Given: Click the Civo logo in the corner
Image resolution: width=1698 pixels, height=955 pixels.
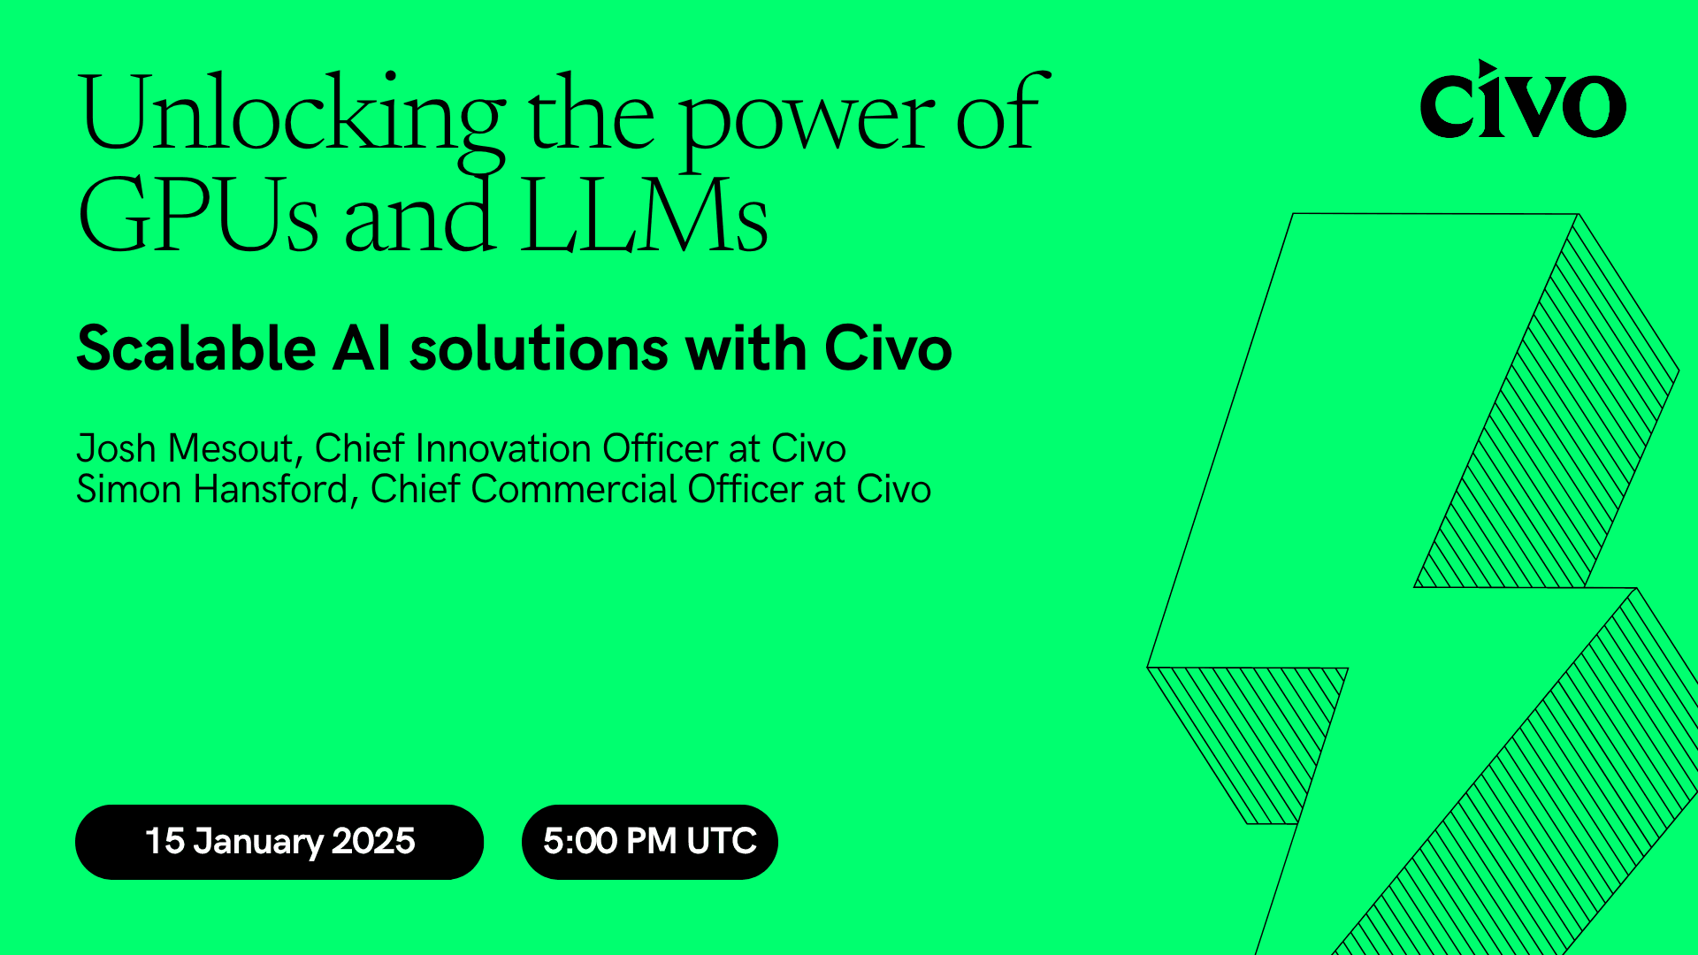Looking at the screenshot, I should [1522, 102].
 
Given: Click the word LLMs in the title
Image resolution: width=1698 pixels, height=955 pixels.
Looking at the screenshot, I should [644, 217].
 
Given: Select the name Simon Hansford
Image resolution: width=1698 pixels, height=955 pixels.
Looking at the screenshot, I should [212, 490].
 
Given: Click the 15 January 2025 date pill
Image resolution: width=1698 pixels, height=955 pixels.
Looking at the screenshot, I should [279, 842].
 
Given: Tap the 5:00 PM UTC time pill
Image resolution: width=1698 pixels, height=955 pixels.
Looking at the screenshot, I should [649, 842].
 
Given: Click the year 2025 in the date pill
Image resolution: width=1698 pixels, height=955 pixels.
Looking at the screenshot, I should [373, 842].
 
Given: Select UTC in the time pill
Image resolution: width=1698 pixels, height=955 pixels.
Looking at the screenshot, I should [722, 842].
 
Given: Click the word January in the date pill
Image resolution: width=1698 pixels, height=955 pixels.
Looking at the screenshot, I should [258, 842].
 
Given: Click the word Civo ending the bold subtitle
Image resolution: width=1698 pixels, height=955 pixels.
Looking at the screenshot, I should [888, 348].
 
